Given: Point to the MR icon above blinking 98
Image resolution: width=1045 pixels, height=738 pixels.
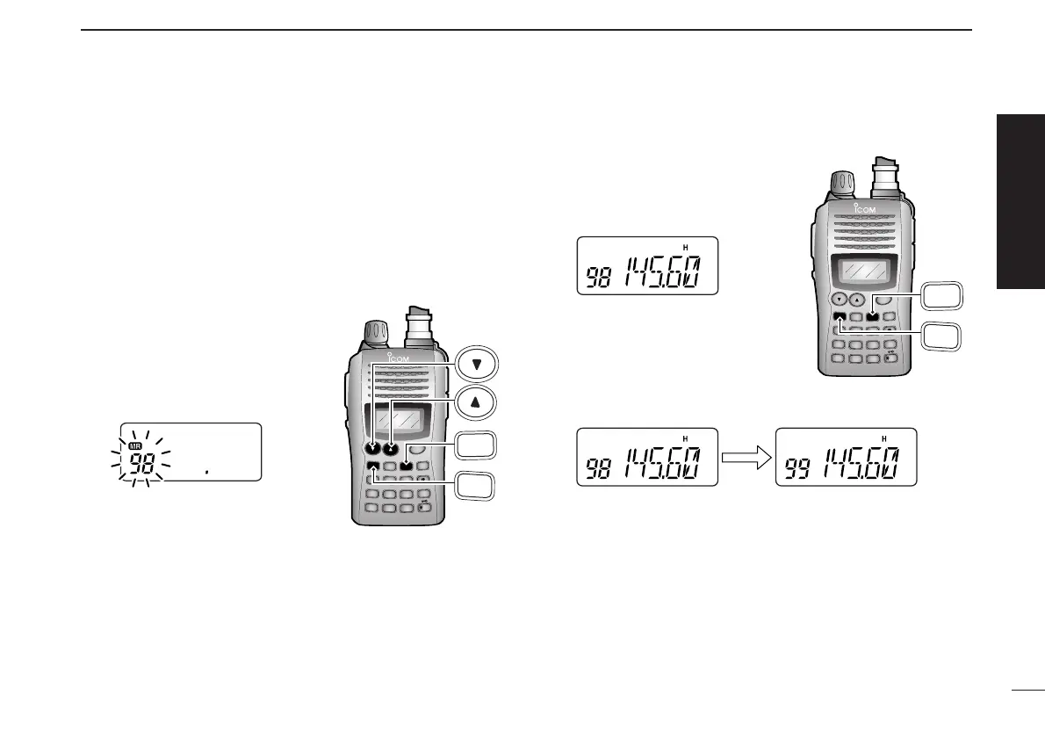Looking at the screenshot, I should pos(136,446).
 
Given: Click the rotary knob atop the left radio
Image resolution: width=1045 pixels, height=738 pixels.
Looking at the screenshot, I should pos(373,335).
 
